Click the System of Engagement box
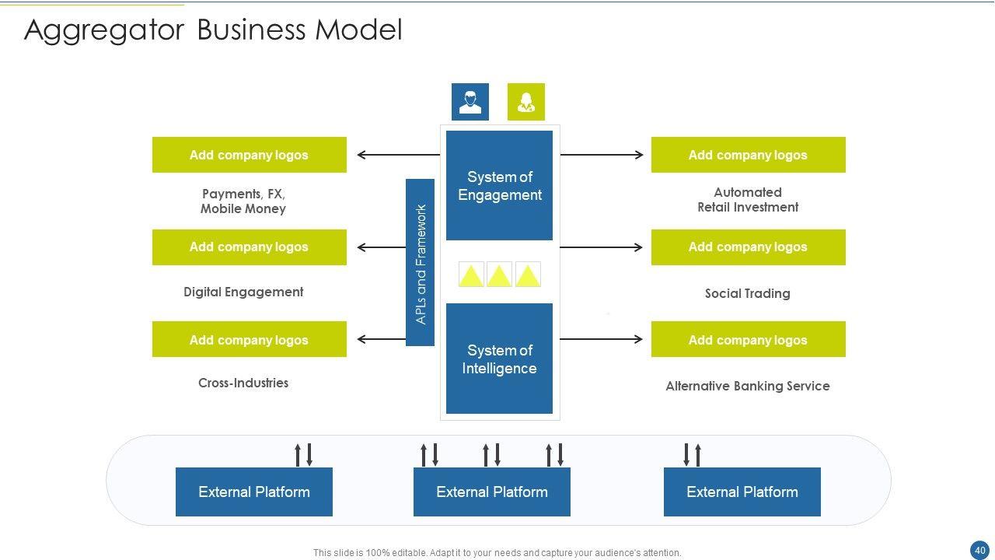pyautogui.click(x=499, y=186)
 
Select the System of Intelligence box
pyautogui.click(x=499, y=359)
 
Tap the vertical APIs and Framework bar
pyautogui.click(x=420, y=263)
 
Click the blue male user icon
pyautogui.click(x=470, y=102)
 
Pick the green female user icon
pyautogui.click(x=526, y=102)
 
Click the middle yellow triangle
pyautogui.click(x=499, y=275)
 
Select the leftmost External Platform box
pyautogui.click(x=254, y=492)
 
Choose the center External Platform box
pyautogui.click(x=492, y=492)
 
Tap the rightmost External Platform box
pyautogui.click(x=742, y=492)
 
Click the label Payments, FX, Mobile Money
pyautogui.click(x=243, y=201)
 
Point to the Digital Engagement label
pyautogui.click(x=243, y=292)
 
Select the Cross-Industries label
pyautogui.click(x=243, y=383)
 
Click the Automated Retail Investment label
pyautogui.click(x=748, y=200)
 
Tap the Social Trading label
pyautogui.click(x=748, y=293)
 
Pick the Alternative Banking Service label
pyautogui.click(x=748, y=386)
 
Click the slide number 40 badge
pyautogui.click(x=979, y=549)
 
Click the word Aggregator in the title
pyautogui.click(x=104, y=30)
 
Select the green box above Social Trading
pyautogui.click(x=748, y=247)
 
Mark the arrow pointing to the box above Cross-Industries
pyautogui.click(x=381, y=339)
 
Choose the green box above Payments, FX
pyautogui.click(x=249, y=155)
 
